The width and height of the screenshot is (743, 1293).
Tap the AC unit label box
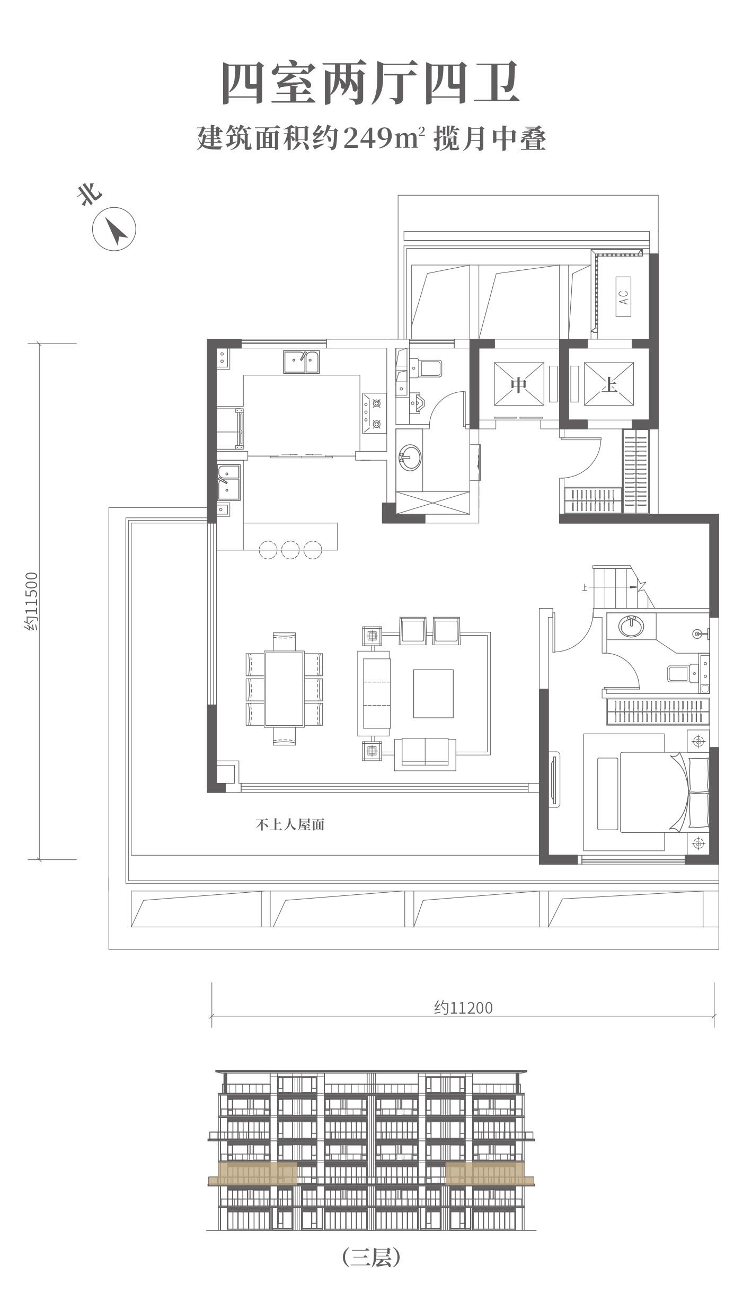click(x=623, y=296)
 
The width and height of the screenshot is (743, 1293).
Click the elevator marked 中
click(x=519, y=384)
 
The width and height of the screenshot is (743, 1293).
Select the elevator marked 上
click(x=609, y=384)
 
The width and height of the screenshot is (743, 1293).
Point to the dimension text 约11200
click(x=464, y=1007)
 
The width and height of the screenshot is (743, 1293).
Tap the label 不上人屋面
click(x=290, y=825)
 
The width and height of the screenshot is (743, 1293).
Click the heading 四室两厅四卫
click(x=370, y=84)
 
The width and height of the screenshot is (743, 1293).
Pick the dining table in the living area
click(x=284, y=689)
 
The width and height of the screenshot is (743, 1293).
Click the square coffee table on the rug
click(x=434, y=693)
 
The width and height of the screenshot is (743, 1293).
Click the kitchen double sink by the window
click(x=301, y=362)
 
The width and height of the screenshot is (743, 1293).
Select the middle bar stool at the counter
click(x=291, y=550)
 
